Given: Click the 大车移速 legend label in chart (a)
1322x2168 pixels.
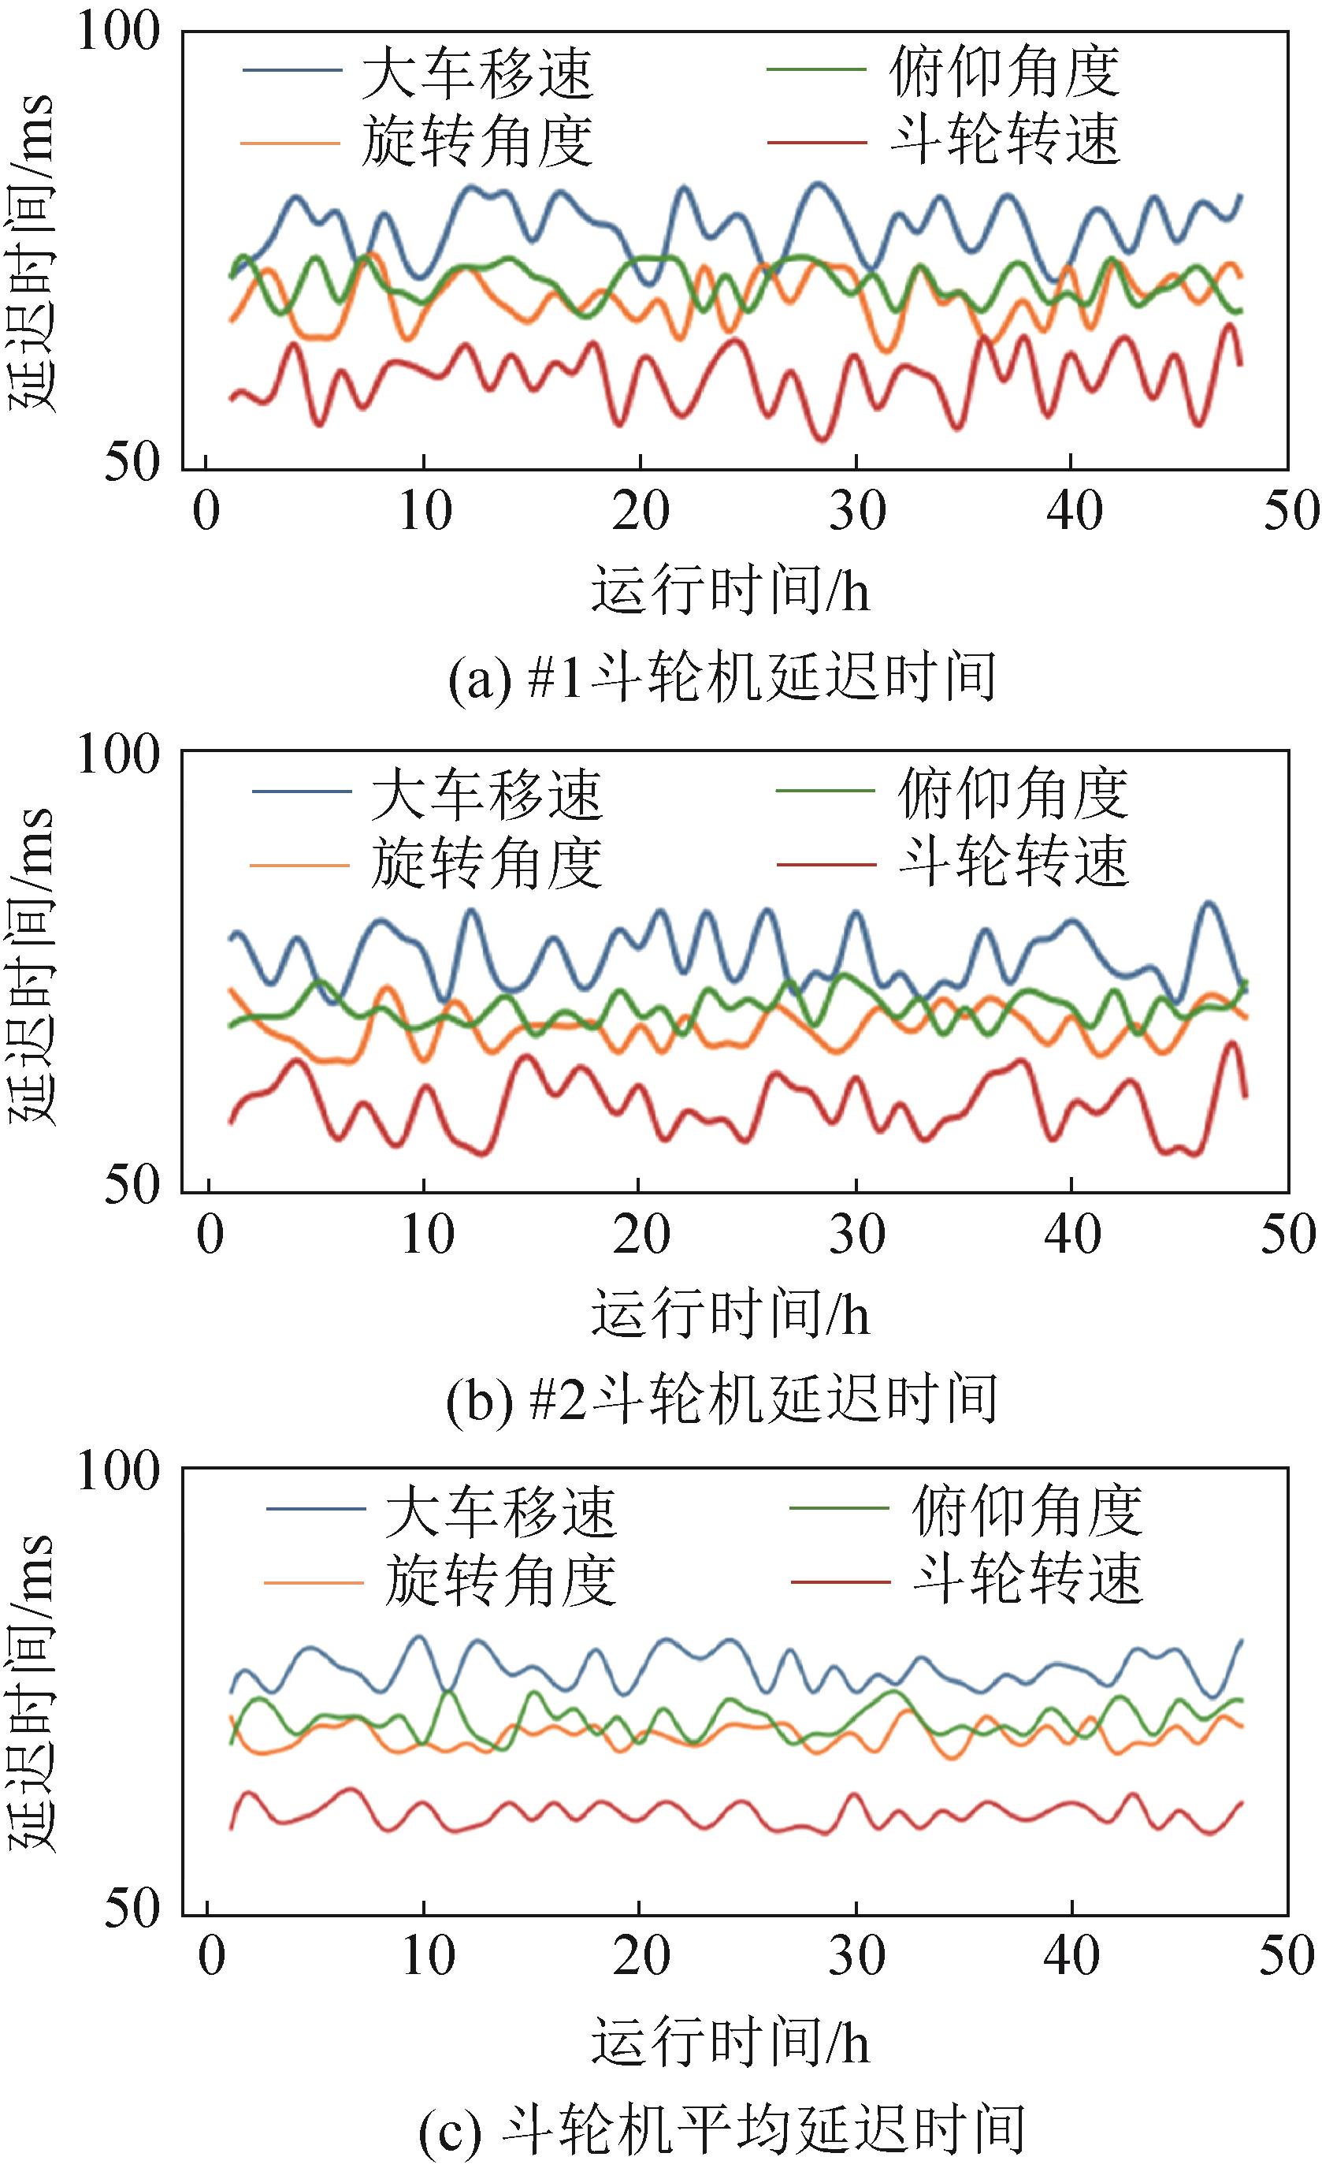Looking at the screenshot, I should click(x=477, y=73).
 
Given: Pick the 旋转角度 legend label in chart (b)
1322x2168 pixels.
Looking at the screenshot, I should click(x=486, y=863).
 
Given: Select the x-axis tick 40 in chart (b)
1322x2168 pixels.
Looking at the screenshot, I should click(x=1072, y=1235).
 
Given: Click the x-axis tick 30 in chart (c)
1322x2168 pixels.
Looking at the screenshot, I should click(x=856, y=1956).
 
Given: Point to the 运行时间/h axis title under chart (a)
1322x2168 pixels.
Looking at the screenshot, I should click(x=730, y=590).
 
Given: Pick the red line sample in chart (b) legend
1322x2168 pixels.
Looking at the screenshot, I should click(x=826, y=864).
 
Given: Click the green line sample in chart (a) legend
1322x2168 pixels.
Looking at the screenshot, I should click(x=817, y=70).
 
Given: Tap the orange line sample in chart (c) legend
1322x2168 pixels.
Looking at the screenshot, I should click(x=314, y=1582).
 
